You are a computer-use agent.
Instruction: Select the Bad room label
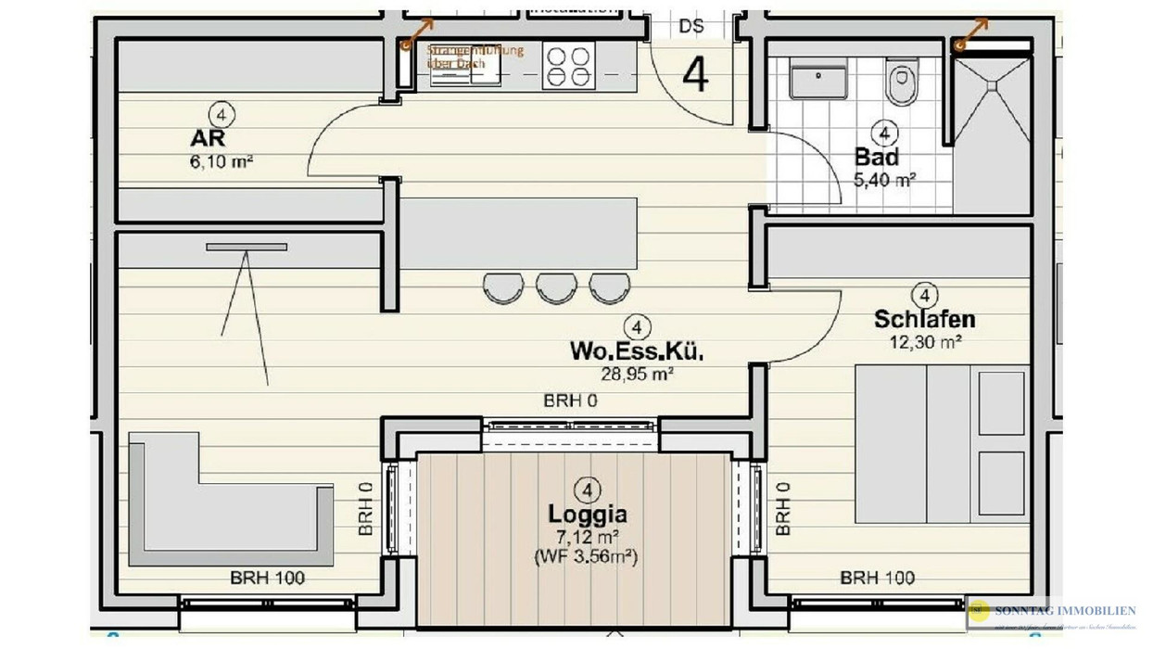pos(877,158)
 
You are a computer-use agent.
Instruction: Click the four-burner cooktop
pos(568,67)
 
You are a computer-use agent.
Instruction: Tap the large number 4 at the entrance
pos(695,76)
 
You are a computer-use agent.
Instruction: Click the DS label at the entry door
pos(691,26)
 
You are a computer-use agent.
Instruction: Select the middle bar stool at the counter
pos(556,286)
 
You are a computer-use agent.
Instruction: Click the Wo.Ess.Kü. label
pos(637,352)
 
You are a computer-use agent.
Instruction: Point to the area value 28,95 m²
pos(637,374)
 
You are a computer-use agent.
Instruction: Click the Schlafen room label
pos(924,320)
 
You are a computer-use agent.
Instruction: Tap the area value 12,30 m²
pos(924,341)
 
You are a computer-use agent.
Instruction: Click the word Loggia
pos(588,515)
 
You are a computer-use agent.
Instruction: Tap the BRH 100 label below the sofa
pos(267,579)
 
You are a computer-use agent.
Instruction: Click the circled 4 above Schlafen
pos(924,295)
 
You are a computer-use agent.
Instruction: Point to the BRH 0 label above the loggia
pos(569,401)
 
